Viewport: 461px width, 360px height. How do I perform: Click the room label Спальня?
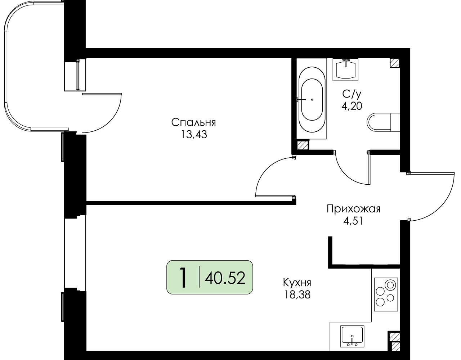(193, 123)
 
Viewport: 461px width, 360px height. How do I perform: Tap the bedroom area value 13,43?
(194, 134)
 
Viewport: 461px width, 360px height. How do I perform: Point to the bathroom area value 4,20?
(352, 106)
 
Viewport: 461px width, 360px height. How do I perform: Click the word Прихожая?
(353, 209)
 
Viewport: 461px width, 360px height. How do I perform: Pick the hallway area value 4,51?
(353, 221)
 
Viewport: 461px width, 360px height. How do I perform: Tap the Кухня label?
(297, 283)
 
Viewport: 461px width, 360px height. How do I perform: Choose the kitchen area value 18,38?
(297, 295)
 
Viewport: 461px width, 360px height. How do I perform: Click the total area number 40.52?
(225, 278)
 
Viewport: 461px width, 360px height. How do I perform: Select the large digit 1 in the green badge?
(183, 278)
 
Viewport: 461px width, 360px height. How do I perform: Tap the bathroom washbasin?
(345, 69)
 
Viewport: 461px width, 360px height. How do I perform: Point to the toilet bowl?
(384, 122)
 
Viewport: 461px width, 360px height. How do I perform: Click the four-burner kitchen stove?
(386, 294)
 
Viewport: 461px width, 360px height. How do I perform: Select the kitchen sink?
(352, 337)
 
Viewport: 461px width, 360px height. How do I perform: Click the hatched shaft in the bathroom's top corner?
(395, 63)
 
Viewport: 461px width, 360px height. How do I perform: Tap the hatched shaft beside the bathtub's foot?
(303, 145)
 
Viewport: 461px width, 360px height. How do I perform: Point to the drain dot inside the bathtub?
(312, 99)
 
